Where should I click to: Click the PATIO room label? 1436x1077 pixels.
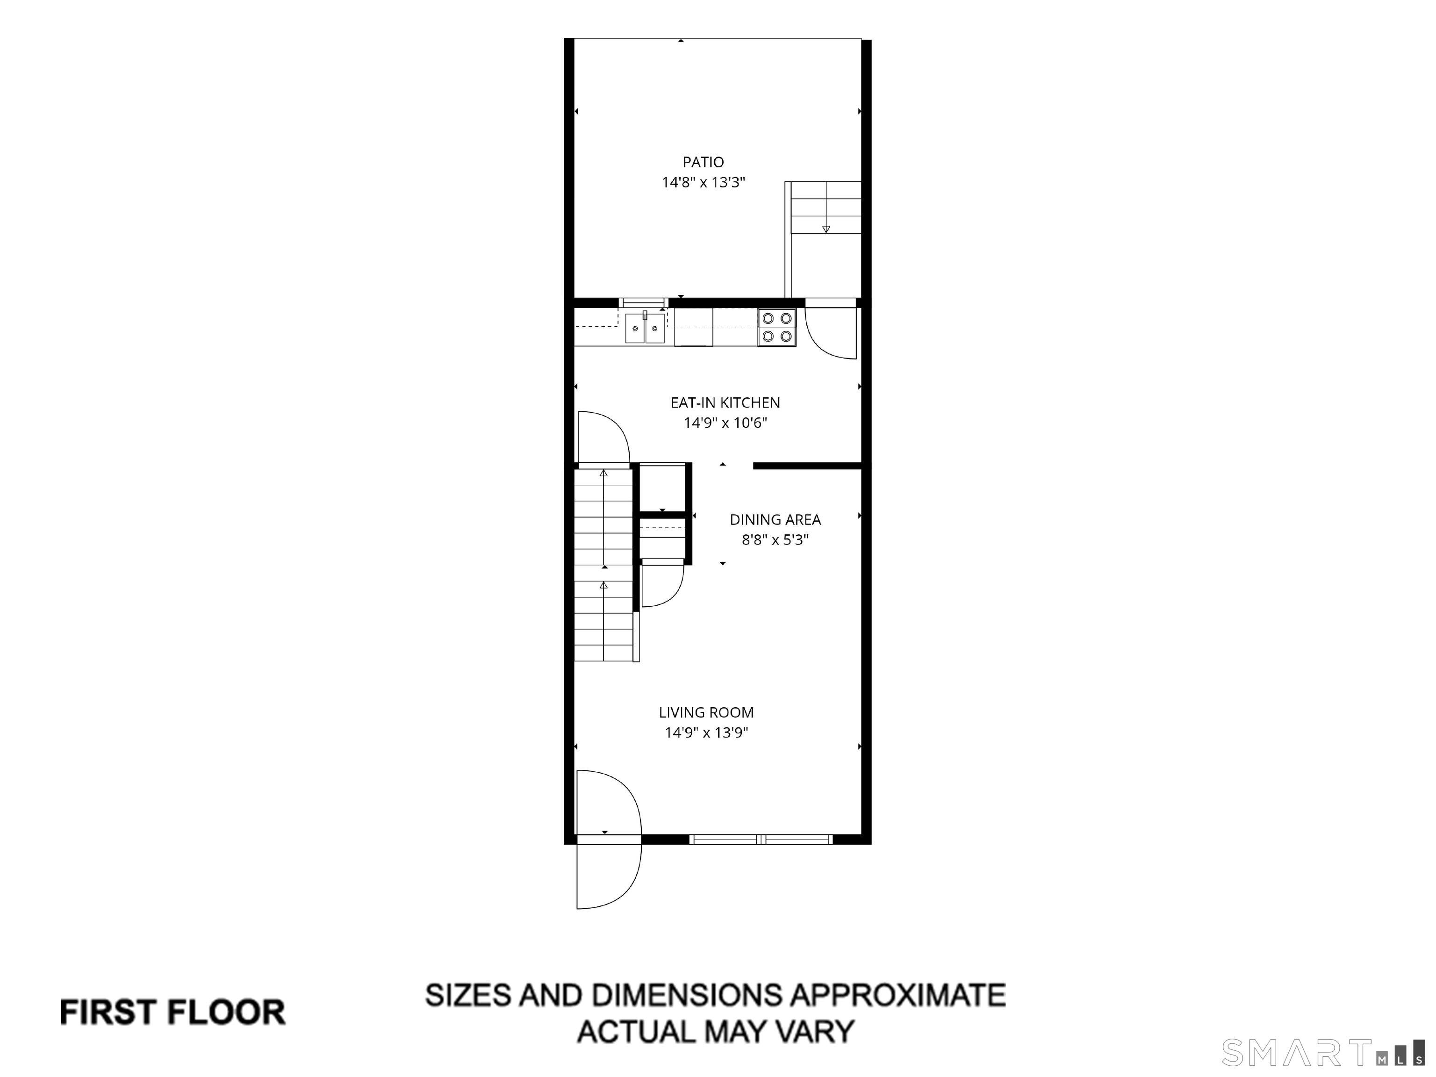click(x=703, y=162)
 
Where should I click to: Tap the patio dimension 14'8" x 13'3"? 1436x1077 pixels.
click(x=703, y=182)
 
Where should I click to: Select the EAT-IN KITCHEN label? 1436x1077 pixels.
click(x=725, y=402)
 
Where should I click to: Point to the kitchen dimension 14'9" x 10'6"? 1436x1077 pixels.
click(x=725, y=423)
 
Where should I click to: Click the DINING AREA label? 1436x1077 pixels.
click(x=775, y=519)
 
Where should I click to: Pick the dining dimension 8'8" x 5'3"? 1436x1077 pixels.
click(x=775, y=540)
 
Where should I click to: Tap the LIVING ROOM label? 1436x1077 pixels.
click(x=706, y=712)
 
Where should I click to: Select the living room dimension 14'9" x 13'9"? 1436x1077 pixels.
click(x=706, y=733)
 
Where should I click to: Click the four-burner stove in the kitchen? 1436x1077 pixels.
click(x=777, y=327)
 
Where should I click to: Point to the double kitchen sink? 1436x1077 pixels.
click(x=645, y=328)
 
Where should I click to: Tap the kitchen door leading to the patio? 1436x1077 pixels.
click(x=832, y=331)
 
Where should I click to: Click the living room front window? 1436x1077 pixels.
click(x=761, y=840)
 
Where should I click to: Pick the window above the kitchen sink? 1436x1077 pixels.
click(x=643, y=302)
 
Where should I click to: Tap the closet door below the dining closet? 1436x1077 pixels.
click(x=662, y=584)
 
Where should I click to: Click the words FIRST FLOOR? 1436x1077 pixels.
click(x=172, y=1012)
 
